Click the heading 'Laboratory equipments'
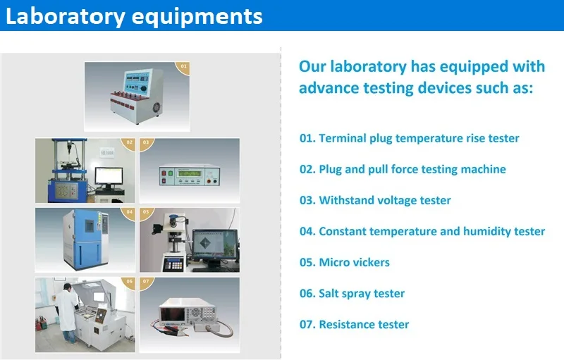click(134, 16)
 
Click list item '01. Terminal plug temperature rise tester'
click(409, 138)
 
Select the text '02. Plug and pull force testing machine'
click(403, 169)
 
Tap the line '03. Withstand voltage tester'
click(375, 200)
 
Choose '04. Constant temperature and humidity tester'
click(422, 231)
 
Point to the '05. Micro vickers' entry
click(344, 262)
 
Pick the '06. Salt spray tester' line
click(352, 293)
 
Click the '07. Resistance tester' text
click(354, 324)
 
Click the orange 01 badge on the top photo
click(184, 67)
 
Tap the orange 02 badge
click(129, 142)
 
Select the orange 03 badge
click(146, 142)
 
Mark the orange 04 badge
click(129, 211)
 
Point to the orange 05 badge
click(146, 211)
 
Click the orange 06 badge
click(129, 281)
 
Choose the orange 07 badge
click(146, 281)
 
